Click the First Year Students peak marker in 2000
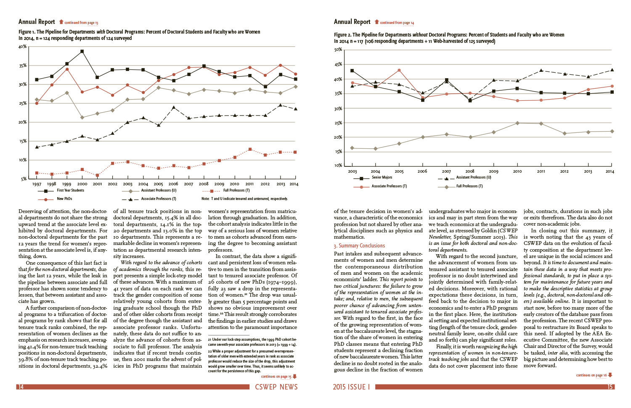coord(82,51)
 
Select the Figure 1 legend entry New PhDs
coord(64,199)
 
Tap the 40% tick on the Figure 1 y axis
coord(23,47)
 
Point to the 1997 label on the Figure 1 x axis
coord(37,184)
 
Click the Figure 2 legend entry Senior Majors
coord(382,177)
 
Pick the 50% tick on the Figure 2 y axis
coord(338,50)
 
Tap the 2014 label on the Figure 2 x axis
coord(610,171)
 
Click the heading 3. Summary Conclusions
coord(359,246)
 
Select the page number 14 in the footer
coord(20,387)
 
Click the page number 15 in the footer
coord(610,387)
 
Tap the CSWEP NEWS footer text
coord(276,387)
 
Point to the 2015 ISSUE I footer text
coord(351,387)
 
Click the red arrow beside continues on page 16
coord(610,375)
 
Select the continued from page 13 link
coord(81,23)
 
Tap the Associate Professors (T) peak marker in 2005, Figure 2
coord(399,70)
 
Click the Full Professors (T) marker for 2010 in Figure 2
coord(517,123)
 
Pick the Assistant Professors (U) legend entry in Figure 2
coord(473,177)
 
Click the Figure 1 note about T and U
coord(244,199)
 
